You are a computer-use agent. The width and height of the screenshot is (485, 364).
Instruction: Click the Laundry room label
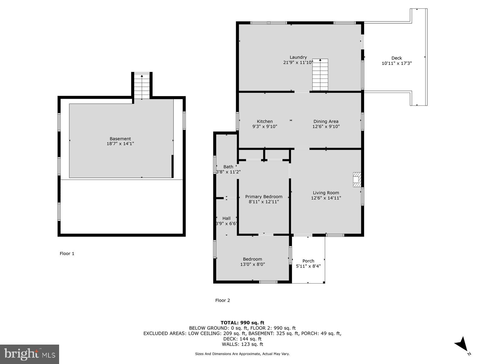coord(298,57)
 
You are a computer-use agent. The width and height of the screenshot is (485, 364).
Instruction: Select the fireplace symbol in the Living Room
coord(357,180)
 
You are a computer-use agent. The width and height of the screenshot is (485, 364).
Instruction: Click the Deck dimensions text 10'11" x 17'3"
coord(396,63)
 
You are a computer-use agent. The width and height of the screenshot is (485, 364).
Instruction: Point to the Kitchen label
coord(265,121)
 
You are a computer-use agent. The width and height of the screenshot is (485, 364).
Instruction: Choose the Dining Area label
coord(326,121)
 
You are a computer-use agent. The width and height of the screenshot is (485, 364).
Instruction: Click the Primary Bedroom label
coord(264,197)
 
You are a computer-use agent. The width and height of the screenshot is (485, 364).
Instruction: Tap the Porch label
coord(308,261)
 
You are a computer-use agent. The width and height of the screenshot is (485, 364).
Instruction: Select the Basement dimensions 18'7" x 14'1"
coord(120,144)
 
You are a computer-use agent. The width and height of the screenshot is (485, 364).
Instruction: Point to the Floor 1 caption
coord(67,254)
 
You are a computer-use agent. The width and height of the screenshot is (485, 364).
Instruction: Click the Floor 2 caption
coord(222,300)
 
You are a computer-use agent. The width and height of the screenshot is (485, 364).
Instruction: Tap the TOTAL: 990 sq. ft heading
coord(242,323)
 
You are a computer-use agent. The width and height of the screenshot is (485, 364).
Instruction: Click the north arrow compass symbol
coord(462,345)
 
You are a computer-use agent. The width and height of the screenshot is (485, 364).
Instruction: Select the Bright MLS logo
coord(29,354)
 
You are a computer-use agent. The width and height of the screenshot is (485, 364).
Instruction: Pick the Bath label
coord(228,167)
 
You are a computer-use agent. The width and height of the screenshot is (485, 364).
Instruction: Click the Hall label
coord(226,218)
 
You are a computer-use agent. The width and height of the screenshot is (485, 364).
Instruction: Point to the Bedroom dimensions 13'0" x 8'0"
coord(253,264)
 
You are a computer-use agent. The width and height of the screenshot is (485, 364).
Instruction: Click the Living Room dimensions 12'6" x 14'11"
coord(326,198)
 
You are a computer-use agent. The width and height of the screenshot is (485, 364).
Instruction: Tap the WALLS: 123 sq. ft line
coord(242,344)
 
